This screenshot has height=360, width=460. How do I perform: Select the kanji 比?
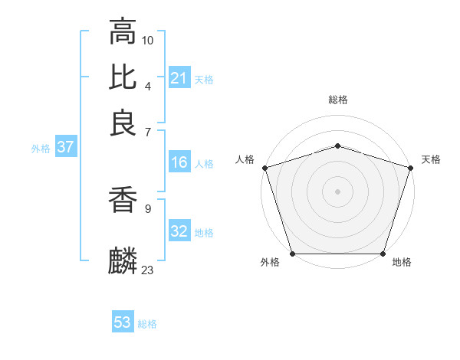click(123, 77)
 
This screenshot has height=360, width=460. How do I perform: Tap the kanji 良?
click(123, 123)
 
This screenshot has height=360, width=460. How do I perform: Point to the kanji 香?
click(123, 200)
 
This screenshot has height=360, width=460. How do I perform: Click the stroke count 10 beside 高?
click(148, 39)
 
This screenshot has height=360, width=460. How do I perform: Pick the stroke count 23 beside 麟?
click(148, 270)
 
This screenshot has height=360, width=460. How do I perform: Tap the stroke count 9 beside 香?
click(148, 208)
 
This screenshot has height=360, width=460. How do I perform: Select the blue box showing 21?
click(179, 78)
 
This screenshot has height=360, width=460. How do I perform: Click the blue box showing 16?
click(179, 162)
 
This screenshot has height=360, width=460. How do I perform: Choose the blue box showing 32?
click(179, 231)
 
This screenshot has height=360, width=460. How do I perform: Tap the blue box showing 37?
click(65, 148)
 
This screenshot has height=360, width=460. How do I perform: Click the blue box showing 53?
click(123, 322)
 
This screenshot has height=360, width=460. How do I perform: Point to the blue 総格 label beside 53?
click(147, 324)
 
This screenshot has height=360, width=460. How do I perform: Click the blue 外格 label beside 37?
click(41, 149)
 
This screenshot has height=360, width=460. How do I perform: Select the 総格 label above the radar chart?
click(337, 100)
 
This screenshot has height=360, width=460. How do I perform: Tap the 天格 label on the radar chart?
click(431, 159)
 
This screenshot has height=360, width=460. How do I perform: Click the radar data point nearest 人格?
click(264, 168)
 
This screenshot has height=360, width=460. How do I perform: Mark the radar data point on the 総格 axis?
click(337, 146)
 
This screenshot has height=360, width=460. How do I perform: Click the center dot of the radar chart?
click(337, 191)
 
